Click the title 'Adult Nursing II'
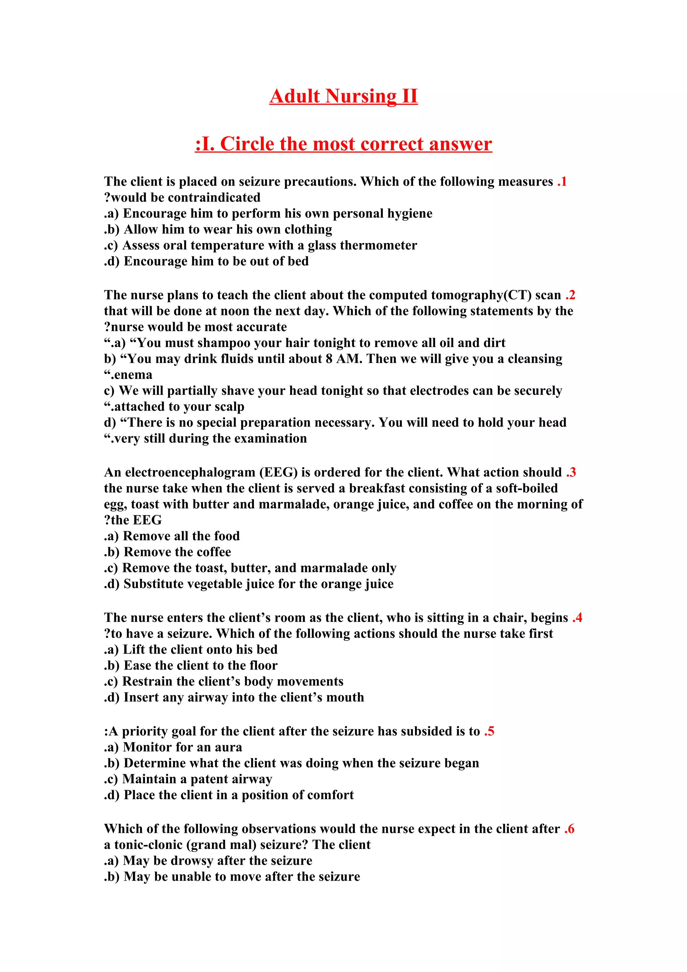pyautogui.click(x=343, y=96)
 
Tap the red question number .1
pyautogui.click(x=562, y=181)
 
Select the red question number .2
pyautogui.click(x=570, y=295)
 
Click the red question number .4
pyautogui.click(x=577, y=618)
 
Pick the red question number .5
pyautogui.click(x=489, y=731)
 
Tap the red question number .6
pyautogui.click(x=569, y=828)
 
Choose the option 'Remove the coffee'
pyautogui.click(x=177, y=552)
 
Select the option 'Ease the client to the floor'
pyautogui.click(x=200, y=665)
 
